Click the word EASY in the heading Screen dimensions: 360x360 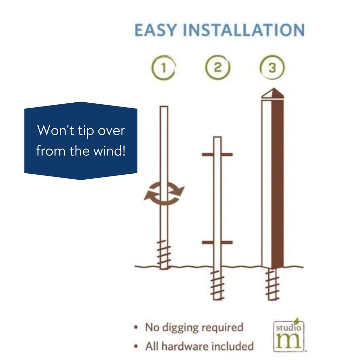[155, 30]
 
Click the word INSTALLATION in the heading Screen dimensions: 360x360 [244, 30]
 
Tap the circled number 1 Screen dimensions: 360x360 [163, 68]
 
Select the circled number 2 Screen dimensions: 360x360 [218, 67]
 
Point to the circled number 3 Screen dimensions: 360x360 [272, 67]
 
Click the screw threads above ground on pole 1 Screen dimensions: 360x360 [164, 255]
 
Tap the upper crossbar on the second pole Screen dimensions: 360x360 [217, 155]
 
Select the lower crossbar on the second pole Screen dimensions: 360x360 [217, 243]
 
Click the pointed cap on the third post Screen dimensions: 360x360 [273, 93]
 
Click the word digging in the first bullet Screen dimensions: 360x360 [180, 328]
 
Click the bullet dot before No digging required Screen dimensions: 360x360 [136, 327]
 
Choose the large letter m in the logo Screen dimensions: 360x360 [288, 340]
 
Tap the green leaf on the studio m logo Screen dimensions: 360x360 [297, 321]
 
